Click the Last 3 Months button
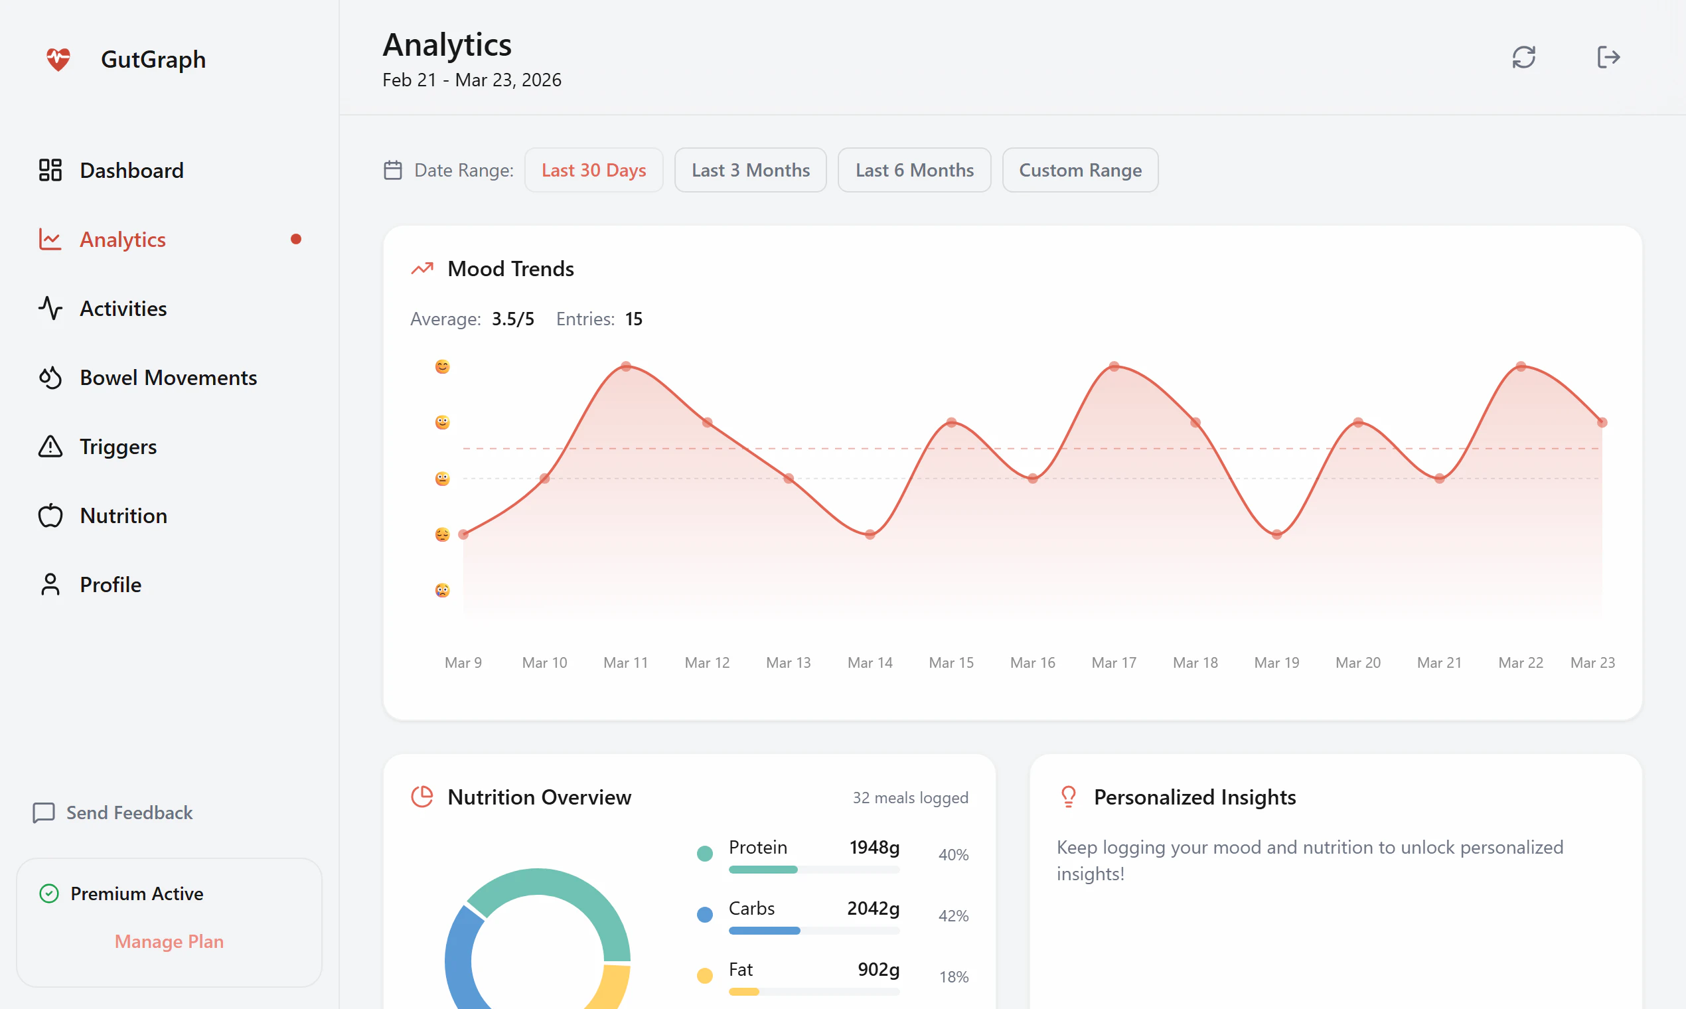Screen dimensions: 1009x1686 pyautogui.click(x=750, y=170)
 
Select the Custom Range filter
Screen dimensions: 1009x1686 pyautogui.click(x=1079, y=170)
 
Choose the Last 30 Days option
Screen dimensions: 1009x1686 pyautogui.click(x=593, y=170)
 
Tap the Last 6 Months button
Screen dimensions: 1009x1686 pyautogui.click(x=914, y=170)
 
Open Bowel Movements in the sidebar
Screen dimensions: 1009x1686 pyautogui.click(x=168, y=377)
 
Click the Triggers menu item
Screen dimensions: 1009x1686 pyautogui.click(x=117, y=447)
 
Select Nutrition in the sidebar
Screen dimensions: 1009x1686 pyautogui.click(x=123, y=515)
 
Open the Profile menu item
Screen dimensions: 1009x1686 pyautogui.click(x=110, y=585)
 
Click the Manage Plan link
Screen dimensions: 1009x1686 pyautogui.click(x=169, y=941)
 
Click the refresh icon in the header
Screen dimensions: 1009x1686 pyautogui.click(x=1523, y=57)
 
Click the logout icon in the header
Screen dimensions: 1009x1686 pyautogui.click(x=1608, y=57)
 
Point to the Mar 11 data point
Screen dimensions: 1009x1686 pyautogui.click(x=626, y=366)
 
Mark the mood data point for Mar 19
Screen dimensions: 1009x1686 pyautogui.click(x=1276, y=534)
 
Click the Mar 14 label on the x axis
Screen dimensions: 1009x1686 pyautogui.click(x=870, y=662)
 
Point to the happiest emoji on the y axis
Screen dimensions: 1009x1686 pyautogui.click(x=443, y=367)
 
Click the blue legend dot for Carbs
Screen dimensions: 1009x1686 pyautogui.click(x=705, y=915)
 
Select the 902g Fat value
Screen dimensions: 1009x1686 pyautogui.click(x=878, y=969)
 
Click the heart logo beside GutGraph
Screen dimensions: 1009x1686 pyautogui.click(x=58, y=59)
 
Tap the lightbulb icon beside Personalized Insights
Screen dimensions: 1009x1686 pyautogui.click(x=1068, y=796)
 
